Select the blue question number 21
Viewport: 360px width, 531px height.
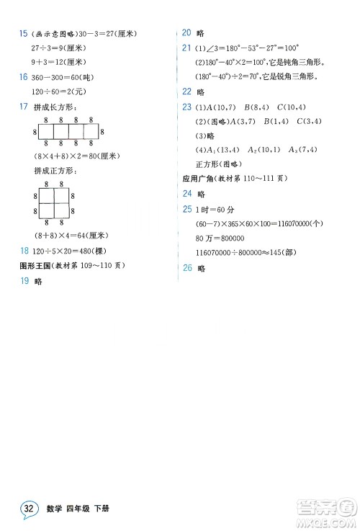tap(186, 48)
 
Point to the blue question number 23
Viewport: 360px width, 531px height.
tap(186, 107)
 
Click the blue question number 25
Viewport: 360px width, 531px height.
tap(186, 209)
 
